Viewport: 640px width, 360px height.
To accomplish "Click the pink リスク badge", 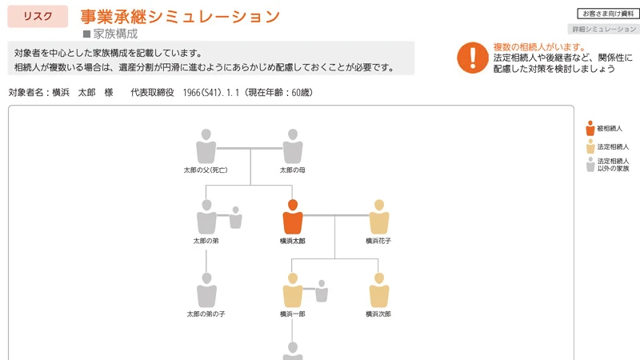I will click(38, 16).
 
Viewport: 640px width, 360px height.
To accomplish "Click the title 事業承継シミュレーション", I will click(180, 16).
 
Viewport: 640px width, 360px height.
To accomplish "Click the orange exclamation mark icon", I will click(472, 57).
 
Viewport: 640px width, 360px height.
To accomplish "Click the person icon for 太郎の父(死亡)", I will click(206, 146).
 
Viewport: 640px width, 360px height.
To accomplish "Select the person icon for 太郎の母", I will click(293, 146).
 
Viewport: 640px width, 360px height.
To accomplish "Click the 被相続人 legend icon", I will click(590, 128).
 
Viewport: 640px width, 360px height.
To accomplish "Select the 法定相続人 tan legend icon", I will click(590, 146).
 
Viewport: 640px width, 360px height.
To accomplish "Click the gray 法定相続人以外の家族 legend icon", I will click(590, 164).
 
